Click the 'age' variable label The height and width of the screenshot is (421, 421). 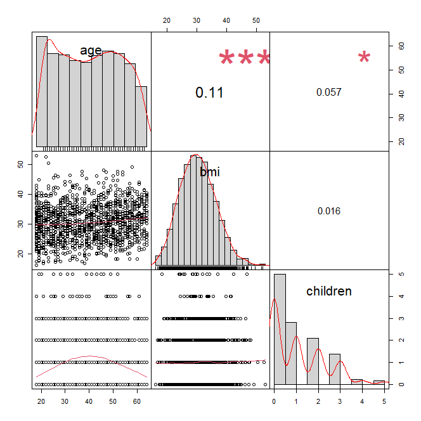(91, 50)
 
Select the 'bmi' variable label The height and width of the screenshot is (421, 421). (209, 171)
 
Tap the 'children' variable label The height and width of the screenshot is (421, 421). (328, 291)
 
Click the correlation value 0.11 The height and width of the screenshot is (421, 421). (209, 92)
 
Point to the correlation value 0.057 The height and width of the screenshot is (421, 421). (328, 92)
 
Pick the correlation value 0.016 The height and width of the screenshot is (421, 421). (328, 211)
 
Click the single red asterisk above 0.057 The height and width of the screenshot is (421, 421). (364, 59)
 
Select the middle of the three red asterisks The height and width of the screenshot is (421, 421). (245, 60)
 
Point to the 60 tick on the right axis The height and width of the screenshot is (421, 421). (401, 46)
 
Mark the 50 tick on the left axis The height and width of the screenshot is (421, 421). (19, 164)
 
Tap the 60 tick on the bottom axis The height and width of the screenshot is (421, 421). (137, 401)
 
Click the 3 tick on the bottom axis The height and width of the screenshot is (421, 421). (340, 401)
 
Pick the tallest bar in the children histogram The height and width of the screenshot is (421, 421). (280, 330)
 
